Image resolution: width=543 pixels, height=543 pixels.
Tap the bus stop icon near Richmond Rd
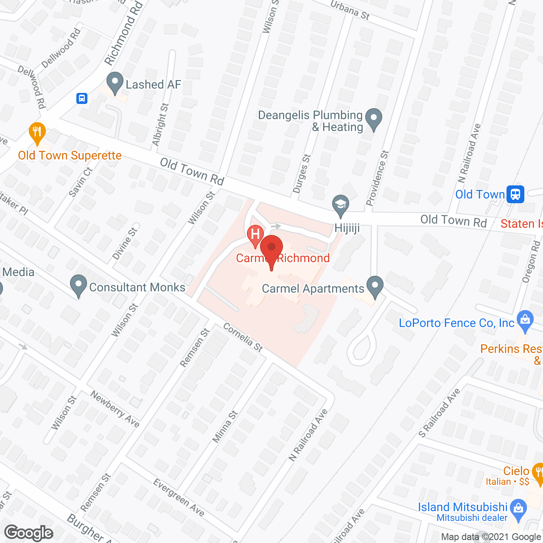point(82,98)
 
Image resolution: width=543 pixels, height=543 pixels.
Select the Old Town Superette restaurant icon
point(37,133)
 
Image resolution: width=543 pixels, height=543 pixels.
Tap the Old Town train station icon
point(515,194)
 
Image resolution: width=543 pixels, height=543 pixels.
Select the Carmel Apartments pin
point(375,286)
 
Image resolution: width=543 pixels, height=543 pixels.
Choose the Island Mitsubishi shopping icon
point(518,508)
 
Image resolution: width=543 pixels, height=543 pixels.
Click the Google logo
point(29,533)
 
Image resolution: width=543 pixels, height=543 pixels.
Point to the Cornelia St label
point(243,338)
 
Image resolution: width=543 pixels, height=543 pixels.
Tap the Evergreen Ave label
point(179,498)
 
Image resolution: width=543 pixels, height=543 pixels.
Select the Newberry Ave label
point(115,409)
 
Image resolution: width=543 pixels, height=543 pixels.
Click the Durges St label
point(302,174)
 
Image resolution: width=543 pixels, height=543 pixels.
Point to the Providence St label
point(378,178)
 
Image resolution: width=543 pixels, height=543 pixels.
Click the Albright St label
point(161,125)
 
